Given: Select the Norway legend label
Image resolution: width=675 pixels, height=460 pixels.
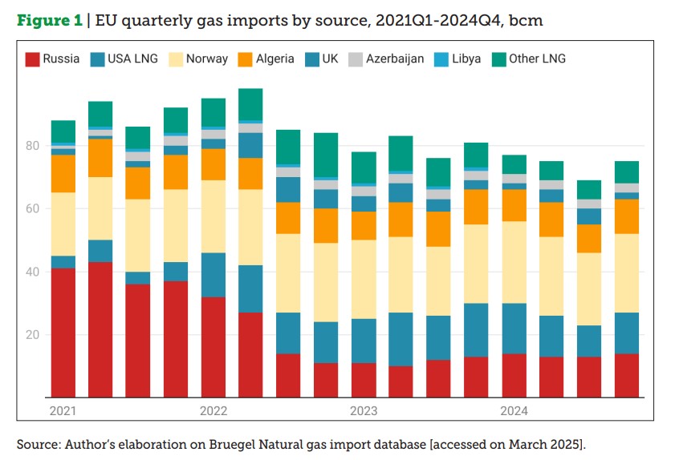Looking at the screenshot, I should [x=207, y=59].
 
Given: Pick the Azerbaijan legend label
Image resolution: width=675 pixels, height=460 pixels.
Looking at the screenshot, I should [x=395, y=59].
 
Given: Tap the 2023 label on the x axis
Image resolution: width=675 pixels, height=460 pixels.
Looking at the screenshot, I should [x=364, y=411].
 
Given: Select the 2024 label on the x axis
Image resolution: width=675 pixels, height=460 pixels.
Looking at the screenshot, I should [x=514, y=411].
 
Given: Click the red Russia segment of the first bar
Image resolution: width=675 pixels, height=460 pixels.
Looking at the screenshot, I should [x=63, y=332].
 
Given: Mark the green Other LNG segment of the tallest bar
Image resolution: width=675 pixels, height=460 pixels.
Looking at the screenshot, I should [x=250, y=104].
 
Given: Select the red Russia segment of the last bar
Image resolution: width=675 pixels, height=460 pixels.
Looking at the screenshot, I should [x=627, y=375].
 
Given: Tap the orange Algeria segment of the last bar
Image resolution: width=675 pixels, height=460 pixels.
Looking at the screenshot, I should [x=627, y=216].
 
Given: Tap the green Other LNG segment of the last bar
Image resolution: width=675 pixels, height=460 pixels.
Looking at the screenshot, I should [x=627, y=171].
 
